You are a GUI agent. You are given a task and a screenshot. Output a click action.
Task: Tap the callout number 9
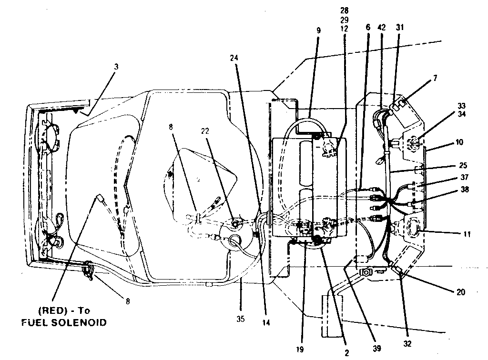pyautogui.click(x=318, y=30)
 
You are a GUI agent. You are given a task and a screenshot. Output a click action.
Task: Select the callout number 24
pyautogui.click(x=234, y=58)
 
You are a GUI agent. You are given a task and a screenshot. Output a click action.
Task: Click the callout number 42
pyautogui.click(x=381, y=27)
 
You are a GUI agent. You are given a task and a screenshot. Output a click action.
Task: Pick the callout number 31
pyautogui.click(x=399, y=27)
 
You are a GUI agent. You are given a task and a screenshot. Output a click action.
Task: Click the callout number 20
pyautogui.click(x=460, y=292)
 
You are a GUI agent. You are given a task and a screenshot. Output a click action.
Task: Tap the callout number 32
pyautogui.click(x=407, y=343)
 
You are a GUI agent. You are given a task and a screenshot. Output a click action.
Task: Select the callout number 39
pyautogui.click(x=376, y=349)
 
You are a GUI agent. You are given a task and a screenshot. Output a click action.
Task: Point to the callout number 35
pyautogui.click(x=241, y=319)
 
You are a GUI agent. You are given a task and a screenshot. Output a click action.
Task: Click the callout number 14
pyautogui.click(x=266, y=322)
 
